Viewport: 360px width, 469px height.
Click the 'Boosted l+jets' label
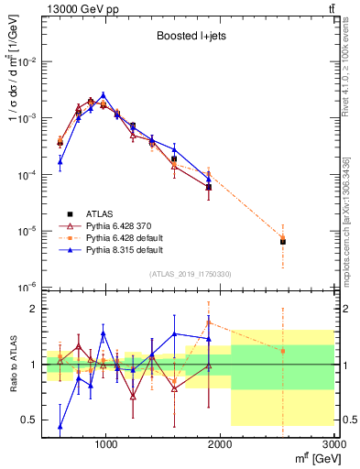190,37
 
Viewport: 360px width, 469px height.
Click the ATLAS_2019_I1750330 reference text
190,274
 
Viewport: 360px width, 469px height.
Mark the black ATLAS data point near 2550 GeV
283,242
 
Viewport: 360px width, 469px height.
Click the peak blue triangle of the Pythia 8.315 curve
104,94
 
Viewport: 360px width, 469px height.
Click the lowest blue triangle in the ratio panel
60,426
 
